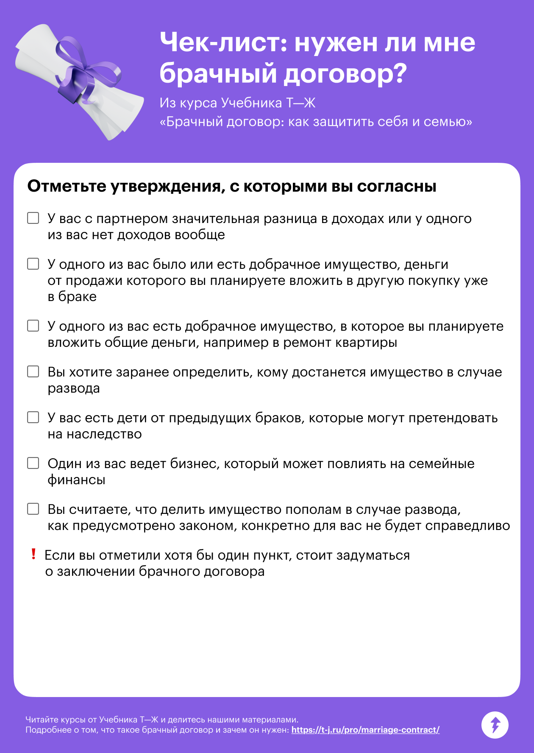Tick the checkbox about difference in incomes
point(33,218)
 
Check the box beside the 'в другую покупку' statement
point(33,264)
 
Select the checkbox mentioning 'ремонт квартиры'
point(33,326)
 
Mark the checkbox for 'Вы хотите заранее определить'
point(33,371)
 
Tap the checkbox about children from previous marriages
point(33,417)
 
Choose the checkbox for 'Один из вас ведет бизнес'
point(33,463)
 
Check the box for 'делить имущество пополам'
point(33,509)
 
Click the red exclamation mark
point(33,554)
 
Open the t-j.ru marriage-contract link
point(365,730)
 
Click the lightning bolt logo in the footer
point(495,725)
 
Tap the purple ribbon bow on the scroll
point(81,74)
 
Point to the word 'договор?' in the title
point(345,73)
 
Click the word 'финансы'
point(76,480)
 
